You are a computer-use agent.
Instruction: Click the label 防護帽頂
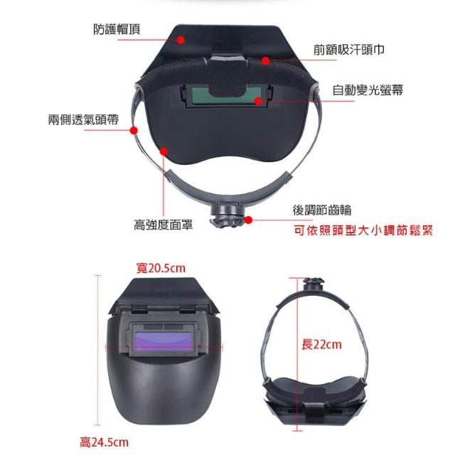[117, 29]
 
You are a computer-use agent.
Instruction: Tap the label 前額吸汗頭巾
[349, 50]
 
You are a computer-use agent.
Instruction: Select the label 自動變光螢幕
[368, 90]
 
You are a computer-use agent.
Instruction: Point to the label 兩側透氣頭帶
[83, 119]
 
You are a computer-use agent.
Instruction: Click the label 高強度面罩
[163, 225]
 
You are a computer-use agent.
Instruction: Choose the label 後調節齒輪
[322, 210]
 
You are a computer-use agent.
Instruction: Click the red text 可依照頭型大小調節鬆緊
[363, 230]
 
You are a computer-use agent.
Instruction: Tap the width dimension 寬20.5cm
[161, 268]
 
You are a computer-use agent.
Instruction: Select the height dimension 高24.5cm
[105, 442]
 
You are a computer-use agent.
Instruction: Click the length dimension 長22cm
[321, 345]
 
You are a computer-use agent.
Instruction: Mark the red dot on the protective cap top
[181, 40]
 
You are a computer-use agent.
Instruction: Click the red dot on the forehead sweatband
[265, 60]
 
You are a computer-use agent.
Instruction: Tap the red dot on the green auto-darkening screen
[258, 101]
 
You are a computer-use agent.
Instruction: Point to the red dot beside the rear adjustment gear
[248, 220]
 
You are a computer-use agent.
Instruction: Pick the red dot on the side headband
[134, 130]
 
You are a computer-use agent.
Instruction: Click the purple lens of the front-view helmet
[164, 341]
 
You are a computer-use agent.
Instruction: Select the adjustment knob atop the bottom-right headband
[314, 284]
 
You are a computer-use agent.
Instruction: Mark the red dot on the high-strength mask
[164, 151]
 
